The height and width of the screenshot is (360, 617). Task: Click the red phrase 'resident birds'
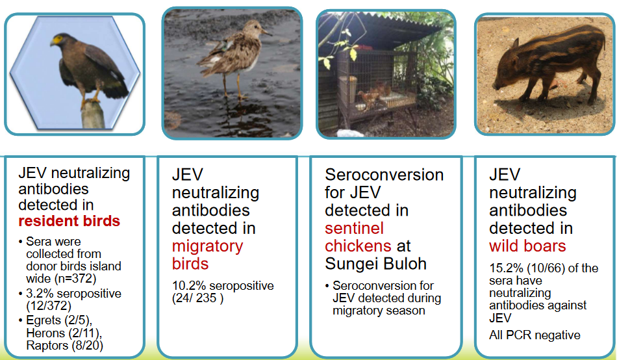click(69, 221)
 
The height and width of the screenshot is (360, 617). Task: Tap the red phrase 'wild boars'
click(527, 246)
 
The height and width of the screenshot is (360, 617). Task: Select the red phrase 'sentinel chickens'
click(359, 237)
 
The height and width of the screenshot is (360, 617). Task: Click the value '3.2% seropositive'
click(72, 294)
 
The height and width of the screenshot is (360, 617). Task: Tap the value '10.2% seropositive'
click(223, 286)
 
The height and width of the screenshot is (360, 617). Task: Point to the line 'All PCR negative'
click(535, 335)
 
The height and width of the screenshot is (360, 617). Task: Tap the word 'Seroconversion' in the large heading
click(384, 175)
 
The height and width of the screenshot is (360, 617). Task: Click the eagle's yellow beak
click(57, 41)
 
